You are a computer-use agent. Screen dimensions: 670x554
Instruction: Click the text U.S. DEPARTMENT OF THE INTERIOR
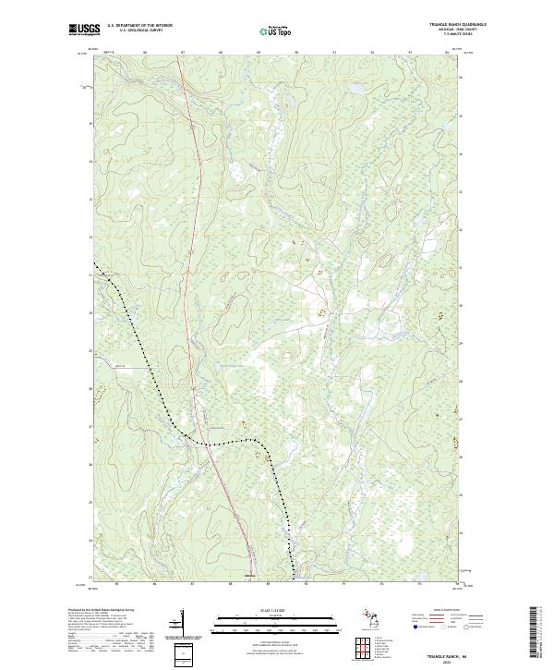[139, 26]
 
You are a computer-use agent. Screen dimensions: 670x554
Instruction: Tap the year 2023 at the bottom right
[449, 658]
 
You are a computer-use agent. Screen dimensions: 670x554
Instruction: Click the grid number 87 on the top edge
[183, 53]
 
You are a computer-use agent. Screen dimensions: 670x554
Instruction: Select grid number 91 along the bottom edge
[343, 584]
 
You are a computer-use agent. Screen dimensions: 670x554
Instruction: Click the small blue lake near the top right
[353, 89]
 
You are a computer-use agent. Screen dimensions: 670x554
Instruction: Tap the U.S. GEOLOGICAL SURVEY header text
[134, 31]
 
